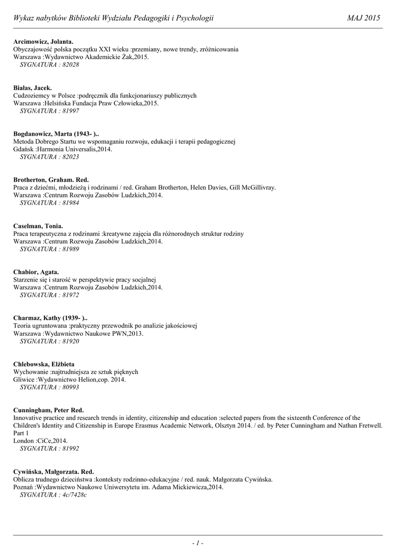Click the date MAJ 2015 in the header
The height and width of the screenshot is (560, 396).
pos(364,19)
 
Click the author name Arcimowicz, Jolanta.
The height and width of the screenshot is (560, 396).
pos(43,42)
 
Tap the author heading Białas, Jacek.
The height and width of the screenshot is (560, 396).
pos(33,87)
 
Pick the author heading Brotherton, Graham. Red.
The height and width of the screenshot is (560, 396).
pos(51,180)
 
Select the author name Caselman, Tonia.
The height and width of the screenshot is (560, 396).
pos(38,226)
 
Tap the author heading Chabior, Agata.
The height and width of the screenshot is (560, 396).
pos(36,272)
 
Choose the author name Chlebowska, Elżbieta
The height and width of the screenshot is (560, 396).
pos(44,364)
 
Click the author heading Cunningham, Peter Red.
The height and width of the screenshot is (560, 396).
pos(49,410)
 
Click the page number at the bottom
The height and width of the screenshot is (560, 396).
pos(197,543)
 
